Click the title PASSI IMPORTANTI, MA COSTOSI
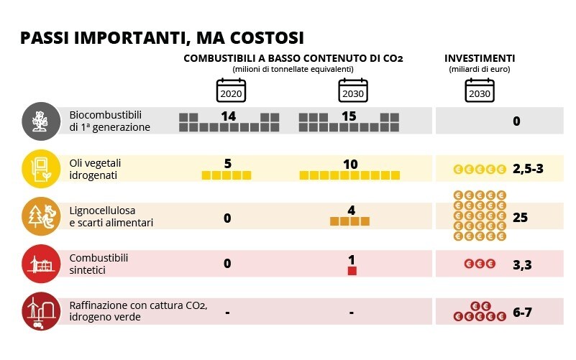click(x=162, y=37)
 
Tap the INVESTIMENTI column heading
click(x=479, y=58)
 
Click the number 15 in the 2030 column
click(x=349, y=116)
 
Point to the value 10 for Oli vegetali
click(x=349, y=164)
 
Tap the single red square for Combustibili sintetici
click(x=352, y=271)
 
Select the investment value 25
click(x=521, y=217)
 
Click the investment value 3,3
click(x=522, y=265)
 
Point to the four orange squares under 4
click(x=349, y=222)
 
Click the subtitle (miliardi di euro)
click(x=479, y=69)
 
